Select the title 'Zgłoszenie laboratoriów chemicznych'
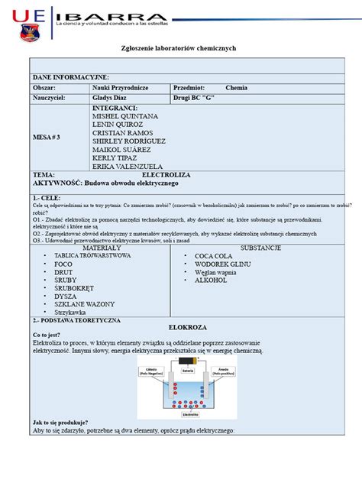[x=179, y=47]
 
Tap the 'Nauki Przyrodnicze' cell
[x=120, y=88]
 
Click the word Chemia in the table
[x=236, y=88]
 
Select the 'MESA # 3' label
[x=46, y=137]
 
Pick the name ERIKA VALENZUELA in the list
[x=128, y=166]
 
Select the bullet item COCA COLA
[x=215, y=256]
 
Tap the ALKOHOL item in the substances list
[x=211, y=280]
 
